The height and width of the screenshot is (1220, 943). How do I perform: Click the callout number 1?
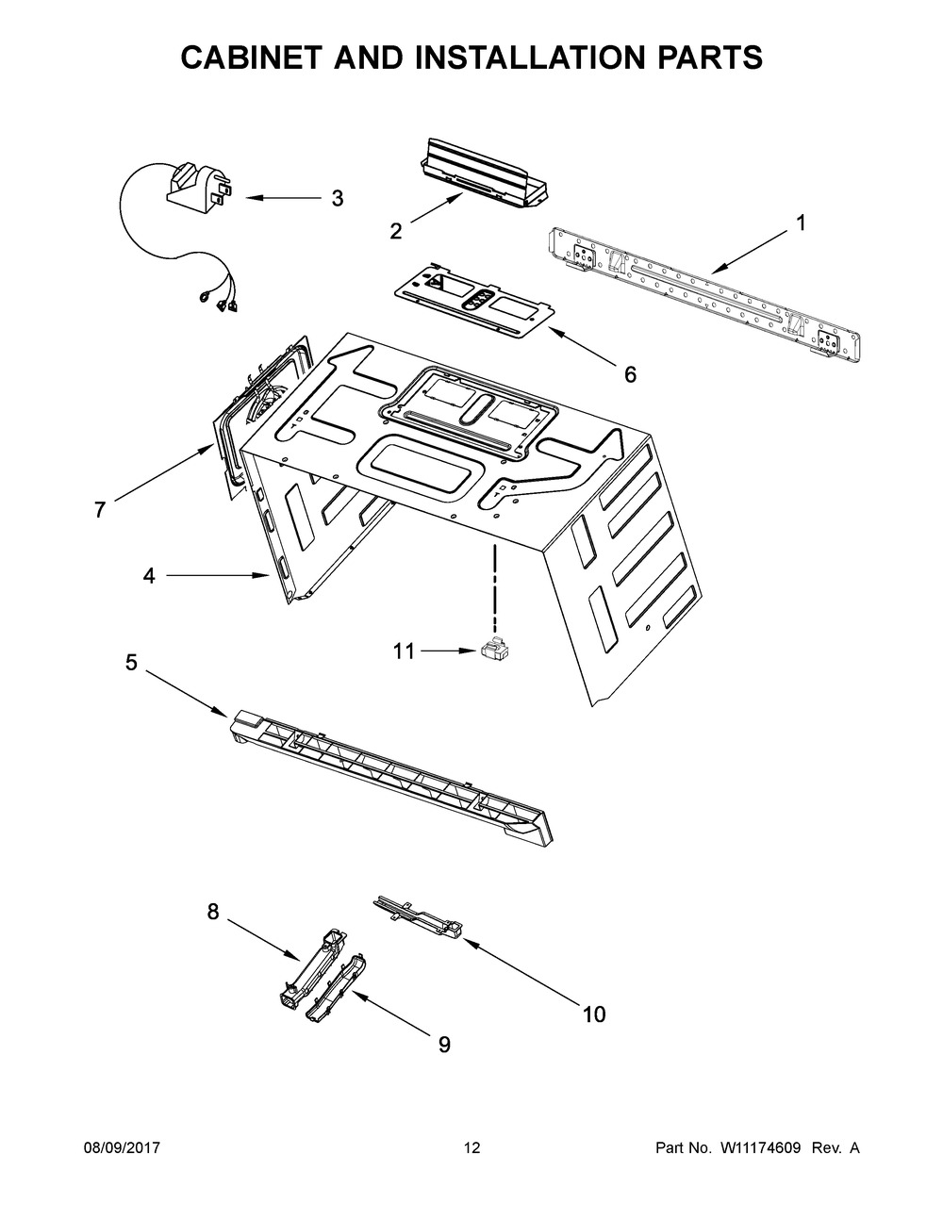tap(801, 223)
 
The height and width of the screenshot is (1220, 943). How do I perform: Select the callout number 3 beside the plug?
tap(337, 199)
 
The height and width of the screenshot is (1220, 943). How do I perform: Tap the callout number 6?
tap(630, 374)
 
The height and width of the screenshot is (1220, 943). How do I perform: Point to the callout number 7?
tap(100, 510)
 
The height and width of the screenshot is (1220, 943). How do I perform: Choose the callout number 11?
tap(404, 651)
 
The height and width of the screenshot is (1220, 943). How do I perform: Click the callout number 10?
tap(593, 1014)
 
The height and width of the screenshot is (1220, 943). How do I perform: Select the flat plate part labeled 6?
tap(471, 301)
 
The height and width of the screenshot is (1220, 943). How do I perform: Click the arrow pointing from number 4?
tap(218, 574)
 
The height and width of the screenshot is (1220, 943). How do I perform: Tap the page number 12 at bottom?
tap(471, 1148)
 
